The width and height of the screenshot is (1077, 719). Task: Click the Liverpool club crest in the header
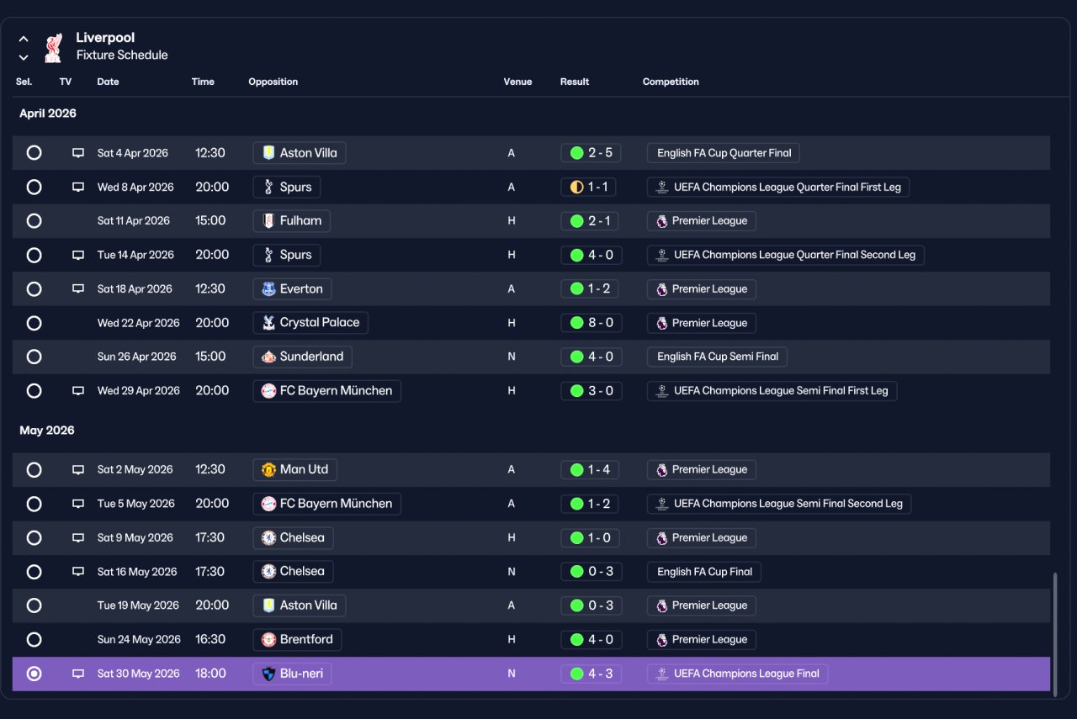click(x=53, y=48)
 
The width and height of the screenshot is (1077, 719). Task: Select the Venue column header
click(x=517, y=82)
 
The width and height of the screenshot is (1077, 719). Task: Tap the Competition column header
click(x=671, y=82)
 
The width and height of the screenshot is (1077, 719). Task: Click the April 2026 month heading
click(x=48, y=114)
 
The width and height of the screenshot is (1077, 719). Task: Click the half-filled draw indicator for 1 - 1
click(x=576, y=187)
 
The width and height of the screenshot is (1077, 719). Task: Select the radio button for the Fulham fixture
click(x=34, y=221)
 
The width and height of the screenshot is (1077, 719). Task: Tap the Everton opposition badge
click(x=268, y=288)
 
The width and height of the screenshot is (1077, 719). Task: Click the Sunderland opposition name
click(x=311, y=357)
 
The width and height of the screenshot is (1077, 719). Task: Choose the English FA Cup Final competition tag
click(x=704, y=572)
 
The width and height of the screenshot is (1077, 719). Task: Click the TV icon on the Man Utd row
click(x=78, y=469)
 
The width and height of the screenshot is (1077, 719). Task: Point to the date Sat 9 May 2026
click(x=135, y=538)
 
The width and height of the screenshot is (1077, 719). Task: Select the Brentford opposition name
click(x=306, y=640)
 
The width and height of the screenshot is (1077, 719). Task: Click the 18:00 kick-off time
click(x=210, y=674)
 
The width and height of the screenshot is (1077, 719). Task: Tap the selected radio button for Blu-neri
click(x=34, y=674)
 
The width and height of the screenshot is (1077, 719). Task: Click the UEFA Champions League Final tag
click(x=738, y=674)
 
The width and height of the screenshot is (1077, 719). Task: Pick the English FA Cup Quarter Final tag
click(x=723, y=153)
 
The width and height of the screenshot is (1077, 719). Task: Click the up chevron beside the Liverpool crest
click(x=24, y=39)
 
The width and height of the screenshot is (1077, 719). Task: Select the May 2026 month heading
click(x=47, y=431)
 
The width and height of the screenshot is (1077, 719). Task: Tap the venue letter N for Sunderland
click(x=511, y=357)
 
